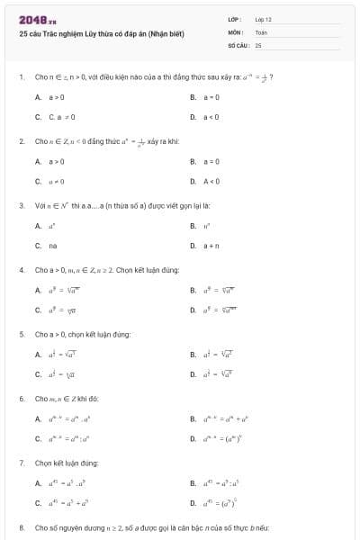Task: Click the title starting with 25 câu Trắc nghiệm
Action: coord(101,33)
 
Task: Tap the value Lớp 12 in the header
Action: coord(263,19)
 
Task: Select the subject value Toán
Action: coord(261,31)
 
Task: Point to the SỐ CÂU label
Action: coord(237,44)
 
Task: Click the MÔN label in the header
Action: coord(236,31)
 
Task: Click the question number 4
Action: coord(21,269)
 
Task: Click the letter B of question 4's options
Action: coord(193,290)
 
